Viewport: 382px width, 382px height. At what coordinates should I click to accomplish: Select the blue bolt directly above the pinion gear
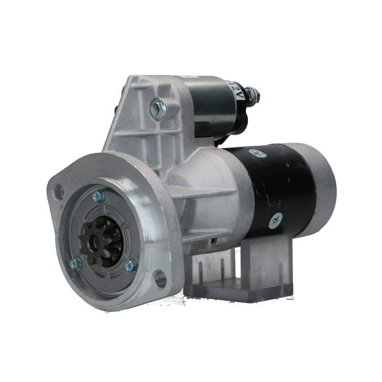(99, 196)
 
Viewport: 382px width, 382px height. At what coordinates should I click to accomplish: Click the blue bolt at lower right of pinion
(132, 265)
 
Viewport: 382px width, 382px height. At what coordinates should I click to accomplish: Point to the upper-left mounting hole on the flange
(58, 189)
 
